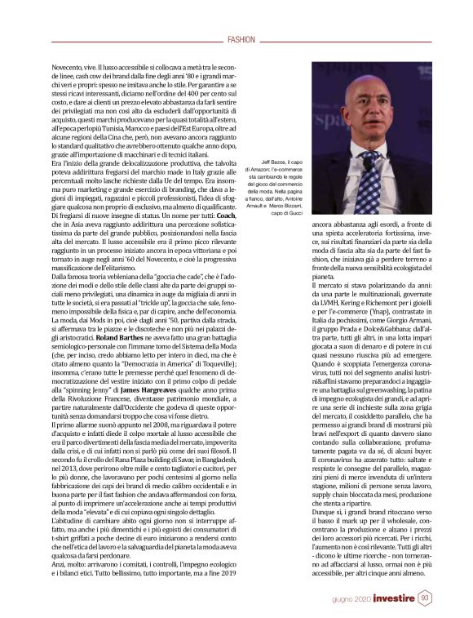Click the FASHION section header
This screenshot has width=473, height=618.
click(242, 39)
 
